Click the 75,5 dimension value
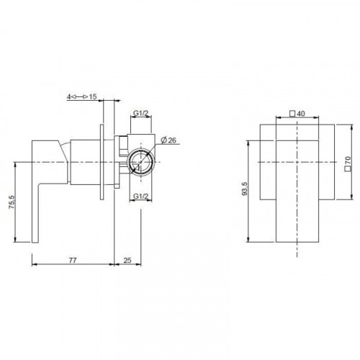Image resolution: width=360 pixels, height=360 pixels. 12,202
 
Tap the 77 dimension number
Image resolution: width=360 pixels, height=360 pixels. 73,260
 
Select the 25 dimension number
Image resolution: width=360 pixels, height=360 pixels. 127,260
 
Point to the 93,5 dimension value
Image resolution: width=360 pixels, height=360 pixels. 245,189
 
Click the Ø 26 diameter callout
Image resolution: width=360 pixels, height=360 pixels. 168,140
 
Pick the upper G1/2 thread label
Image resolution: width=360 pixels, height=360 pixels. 141,113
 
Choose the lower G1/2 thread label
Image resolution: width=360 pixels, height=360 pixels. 141,196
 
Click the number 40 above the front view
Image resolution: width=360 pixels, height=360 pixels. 301,113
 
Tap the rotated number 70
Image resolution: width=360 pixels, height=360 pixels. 348,160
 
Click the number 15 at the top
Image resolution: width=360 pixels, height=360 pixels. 93,96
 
